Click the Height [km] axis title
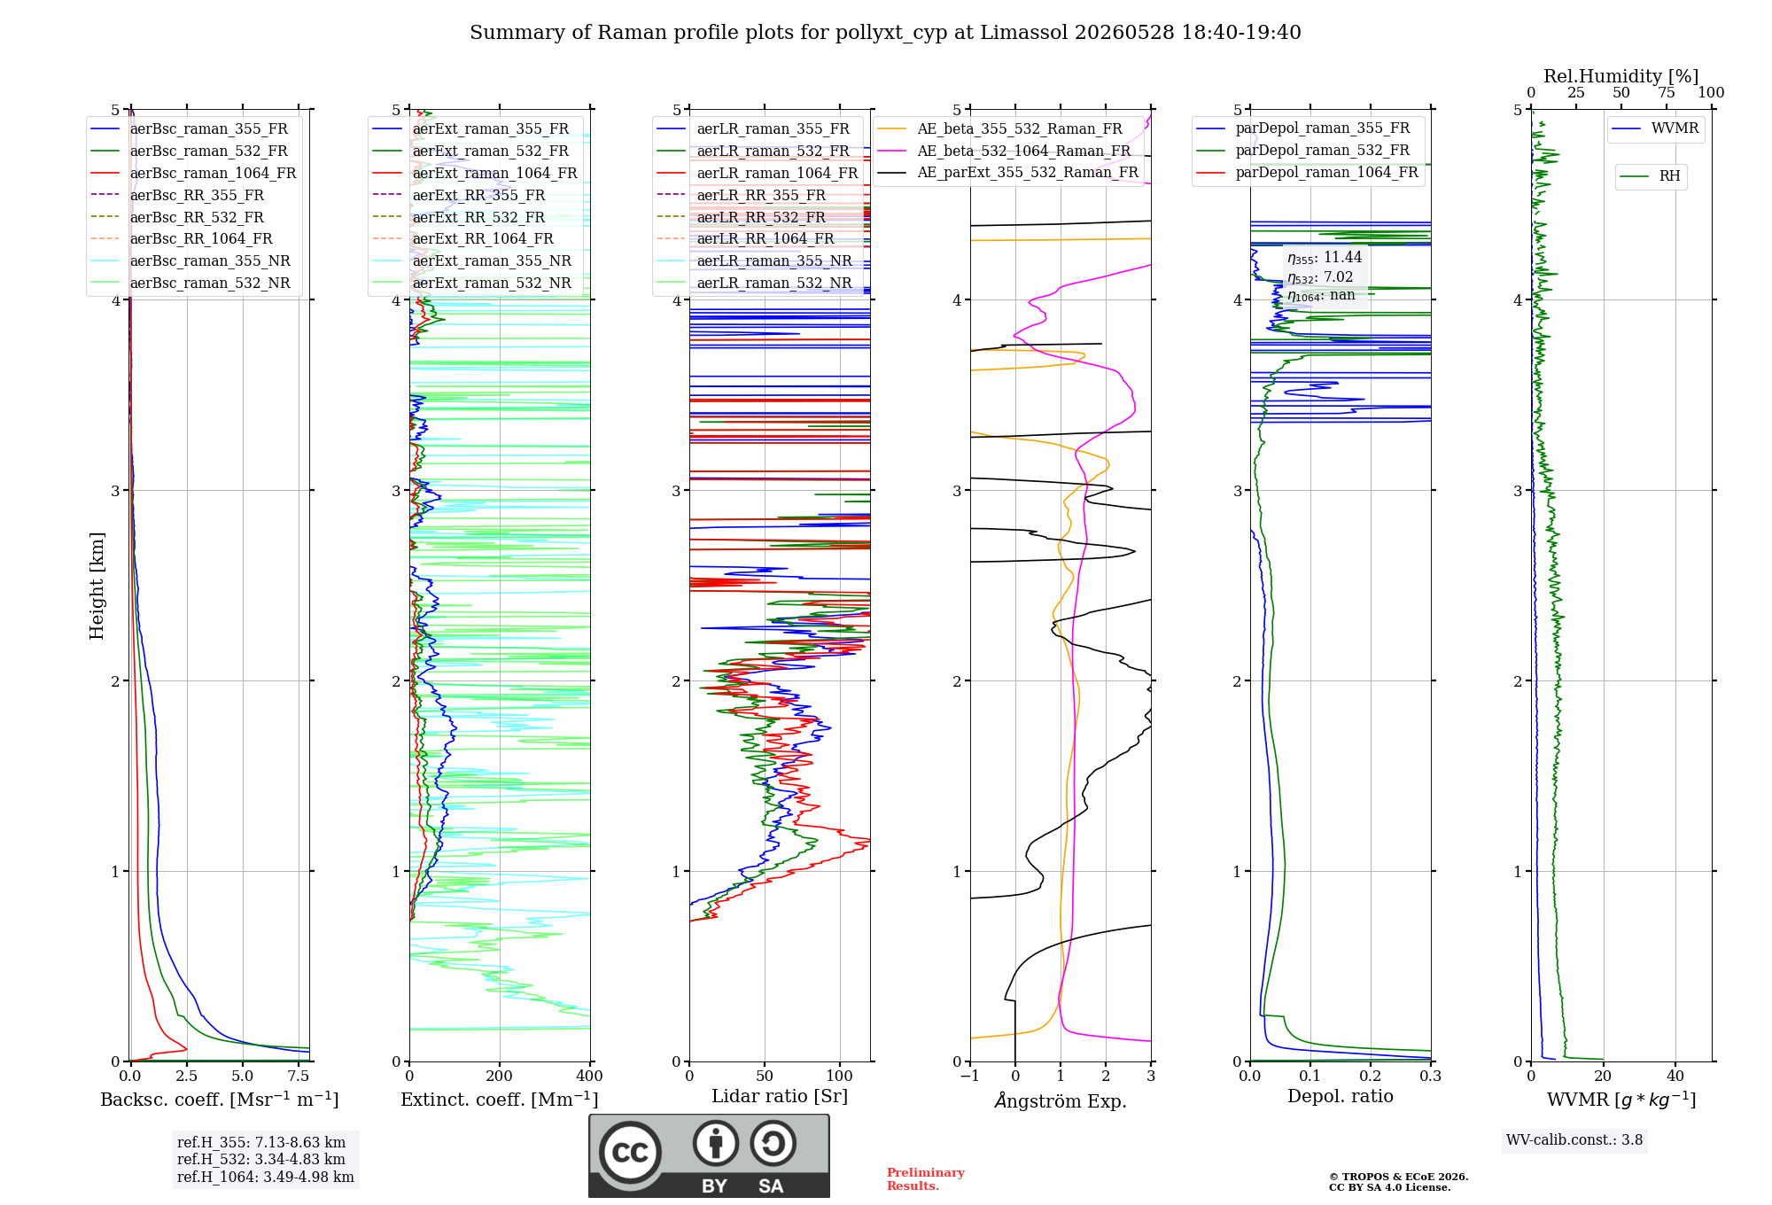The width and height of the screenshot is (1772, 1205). click(x=97, y=586)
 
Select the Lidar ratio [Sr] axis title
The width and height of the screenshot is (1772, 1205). click(x=780, y=1096)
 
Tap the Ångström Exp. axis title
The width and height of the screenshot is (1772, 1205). click(x=1061, y=1100)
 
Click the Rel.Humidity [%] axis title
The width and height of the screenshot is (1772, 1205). click(x=1620, y=76)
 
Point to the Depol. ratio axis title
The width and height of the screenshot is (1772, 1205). click(x=1340, y=1096)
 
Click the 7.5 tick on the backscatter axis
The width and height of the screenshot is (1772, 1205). click(x=299, y=1077)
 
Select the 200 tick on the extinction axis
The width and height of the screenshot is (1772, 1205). click(x=500, y=1077)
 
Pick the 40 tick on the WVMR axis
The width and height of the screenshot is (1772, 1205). click(x=1675, y=1077)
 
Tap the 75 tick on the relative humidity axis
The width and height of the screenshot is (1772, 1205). click(x=1667, y=92)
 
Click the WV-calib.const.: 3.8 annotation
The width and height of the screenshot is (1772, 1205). click(x=1574, y=1140)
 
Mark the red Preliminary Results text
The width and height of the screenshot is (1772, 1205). click(x=926, y=1179)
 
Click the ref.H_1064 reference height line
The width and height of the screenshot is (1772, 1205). click(x=265, y=1178)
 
